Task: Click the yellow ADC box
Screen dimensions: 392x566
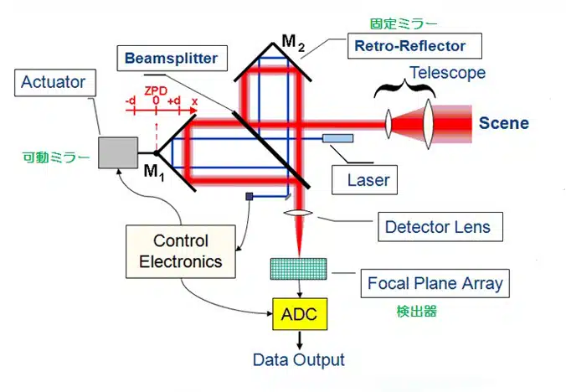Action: pyautogui.click(x=299, y=316)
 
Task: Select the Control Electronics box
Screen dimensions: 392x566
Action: pyautogui.click(x=181, y=250)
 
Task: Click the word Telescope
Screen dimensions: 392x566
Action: pyautogui.click(x=447, y=73)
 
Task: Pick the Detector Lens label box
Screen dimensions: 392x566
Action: pyautogui.click(x=438, y=227)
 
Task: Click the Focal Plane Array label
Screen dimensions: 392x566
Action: pyautogui.click(x=435, y=283)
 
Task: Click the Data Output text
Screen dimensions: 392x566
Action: pyautogui.click(x=299, y=360)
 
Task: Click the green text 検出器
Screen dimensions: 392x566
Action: pyautogui.click(x=417, y=311)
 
